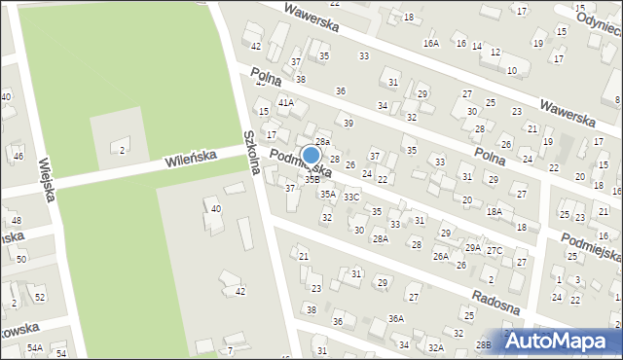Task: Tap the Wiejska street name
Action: [45, 179]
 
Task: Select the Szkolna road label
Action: [252, 153]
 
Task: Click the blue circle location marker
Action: [311, 156]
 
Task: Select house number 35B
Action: [312, 179]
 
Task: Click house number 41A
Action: [285, 102]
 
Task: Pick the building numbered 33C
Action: [351, 198]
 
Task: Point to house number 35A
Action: [328, 195]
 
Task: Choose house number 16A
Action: [431, 44]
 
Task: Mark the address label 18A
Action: [495, 211]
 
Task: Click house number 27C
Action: [495, 251]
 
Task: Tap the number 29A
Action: [472, 248]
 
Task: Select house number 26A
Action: [441, 257]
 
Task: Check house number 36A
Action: [395, 319]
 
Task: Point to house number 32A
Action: [436, 347]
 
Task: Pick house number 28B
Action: [483, 345]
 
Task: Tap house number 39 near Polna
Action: [348, 124]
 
